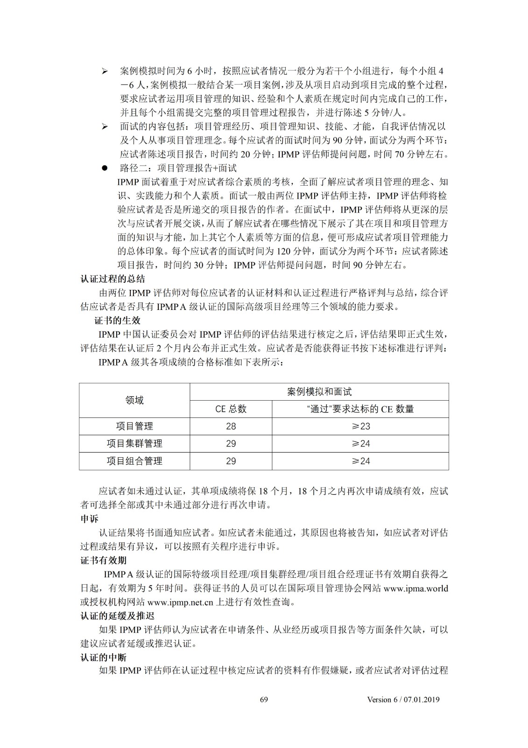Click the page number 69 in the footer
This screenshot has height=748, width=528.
(264, 699)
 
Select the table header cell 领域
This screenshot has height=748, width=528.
(134, 400)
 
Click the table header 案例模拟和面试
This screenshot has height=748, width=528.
(319, 392)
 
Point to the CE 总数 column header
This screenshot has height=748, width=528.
(231, 409)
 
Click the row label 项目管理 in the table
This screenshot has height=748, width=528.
(134, 426)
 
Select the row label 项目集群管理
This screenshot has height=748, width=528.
(134, 444)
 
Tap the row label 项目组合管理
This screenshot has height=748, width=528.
(134, 461)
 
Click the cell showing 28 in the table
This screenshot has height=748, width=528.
(231, 426)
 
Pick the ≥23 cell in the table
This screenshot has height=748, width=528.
(360, 426)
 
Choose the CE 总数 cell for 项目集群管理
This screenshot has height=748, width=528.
(231, 444)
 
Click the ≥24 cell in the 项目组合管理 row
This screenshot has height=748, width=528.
(360, 461)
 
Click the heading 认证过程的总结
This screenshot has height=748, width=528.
(113, 279)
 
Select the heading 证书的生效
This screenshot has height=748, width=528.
(117, 321)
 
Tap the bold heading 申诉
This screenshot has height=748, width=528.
(89, 519)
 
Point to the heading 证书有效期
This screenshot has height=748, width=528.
(103, 561)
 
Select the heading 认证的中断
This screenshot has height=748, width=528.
(103, 657)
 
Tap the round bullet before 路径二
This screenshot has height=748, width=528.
(105, 168)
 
